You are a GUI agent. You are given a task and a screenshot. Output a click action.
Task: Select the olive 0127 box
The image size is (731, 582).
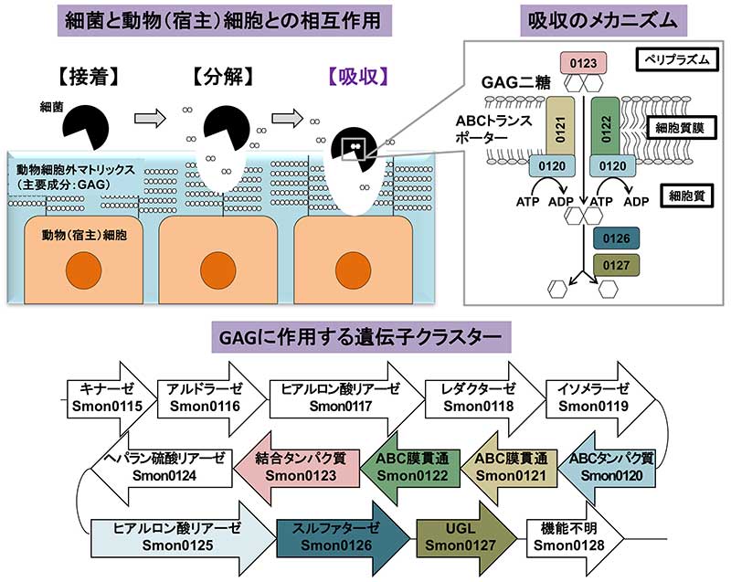[x=614, y=267]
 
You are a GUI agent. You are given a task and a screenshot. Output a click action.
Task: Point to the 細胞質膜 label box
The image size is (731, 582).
[x=681, y=129]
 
